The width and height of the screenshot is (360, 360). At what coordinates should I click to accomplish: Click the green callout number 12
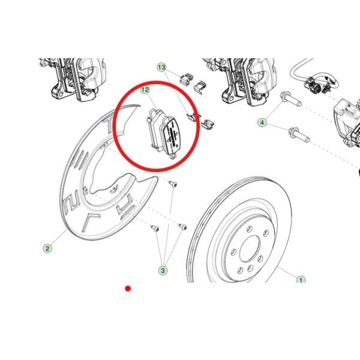pos(145,89)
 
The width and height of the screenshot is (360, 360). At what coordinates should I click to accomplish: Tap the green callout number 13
pos(161,67)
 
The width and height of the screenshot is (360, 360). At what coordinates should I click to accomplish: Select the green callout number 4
pos(262,122)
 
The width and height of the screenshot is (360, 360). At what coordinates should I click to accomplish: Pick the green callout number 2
pos(47,248)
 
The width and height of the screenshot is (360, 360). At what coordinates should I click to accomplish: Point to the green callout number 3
pos(163,270)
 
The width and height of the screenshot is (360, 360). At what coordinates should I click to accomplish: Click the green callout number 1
pos(301,280)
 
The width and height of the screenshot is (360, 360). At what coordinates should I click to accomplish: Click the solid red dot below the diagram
pos(128,289)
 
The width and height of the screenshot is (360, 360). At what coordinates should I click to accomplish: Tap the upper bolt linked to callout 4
pos(290,99)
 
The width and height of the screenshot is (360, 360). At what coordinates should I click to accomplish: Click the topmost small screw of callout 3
pos(173,184)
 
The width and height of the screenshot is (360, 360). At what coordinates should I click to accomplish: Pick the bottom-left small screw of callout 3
pos(155,228)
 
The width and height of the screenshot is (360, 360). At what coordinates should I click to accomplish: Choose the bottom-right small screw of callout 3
pos(183,226)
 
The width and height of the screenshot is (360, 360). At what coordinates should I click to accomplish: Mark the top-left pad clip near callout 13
pos(185,79)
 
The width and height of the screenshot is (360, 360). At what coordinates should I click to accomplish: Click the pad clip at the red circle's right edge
pos(193,117)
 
